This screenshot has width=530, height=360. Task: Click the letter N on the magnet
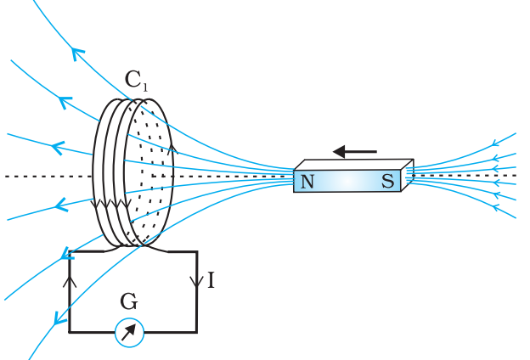tap(307, 181)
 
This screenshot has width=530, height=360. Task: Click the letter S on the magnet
tap(387, 180)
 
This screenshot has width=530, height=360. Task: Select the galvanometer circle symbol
tap(129, 332)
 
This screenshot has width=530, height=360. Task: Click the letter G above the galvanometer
tap(129, 301)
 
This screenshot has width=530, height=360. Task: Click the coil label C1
tap(136, 81)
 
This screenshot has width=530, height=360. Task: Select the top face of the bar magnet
tap(352, 165)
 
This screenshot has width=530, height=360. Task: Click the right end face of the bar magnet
tap(407, 175)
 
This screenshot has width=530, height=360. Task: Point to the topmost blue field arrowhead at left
tap(78, 53)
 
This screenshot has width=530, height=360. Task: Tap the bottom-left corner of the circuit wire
tap(70, 331)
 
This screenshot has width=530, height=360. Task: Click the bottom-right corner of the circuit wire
tap(197, 331)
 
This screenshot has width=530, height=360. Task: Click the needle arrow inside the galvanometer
tap(129, 332)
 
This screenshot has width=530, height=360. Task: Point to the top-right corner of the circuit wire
tap(197, 251)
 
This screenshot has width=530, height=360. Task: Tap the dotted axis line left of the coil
tap(42, 176)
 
